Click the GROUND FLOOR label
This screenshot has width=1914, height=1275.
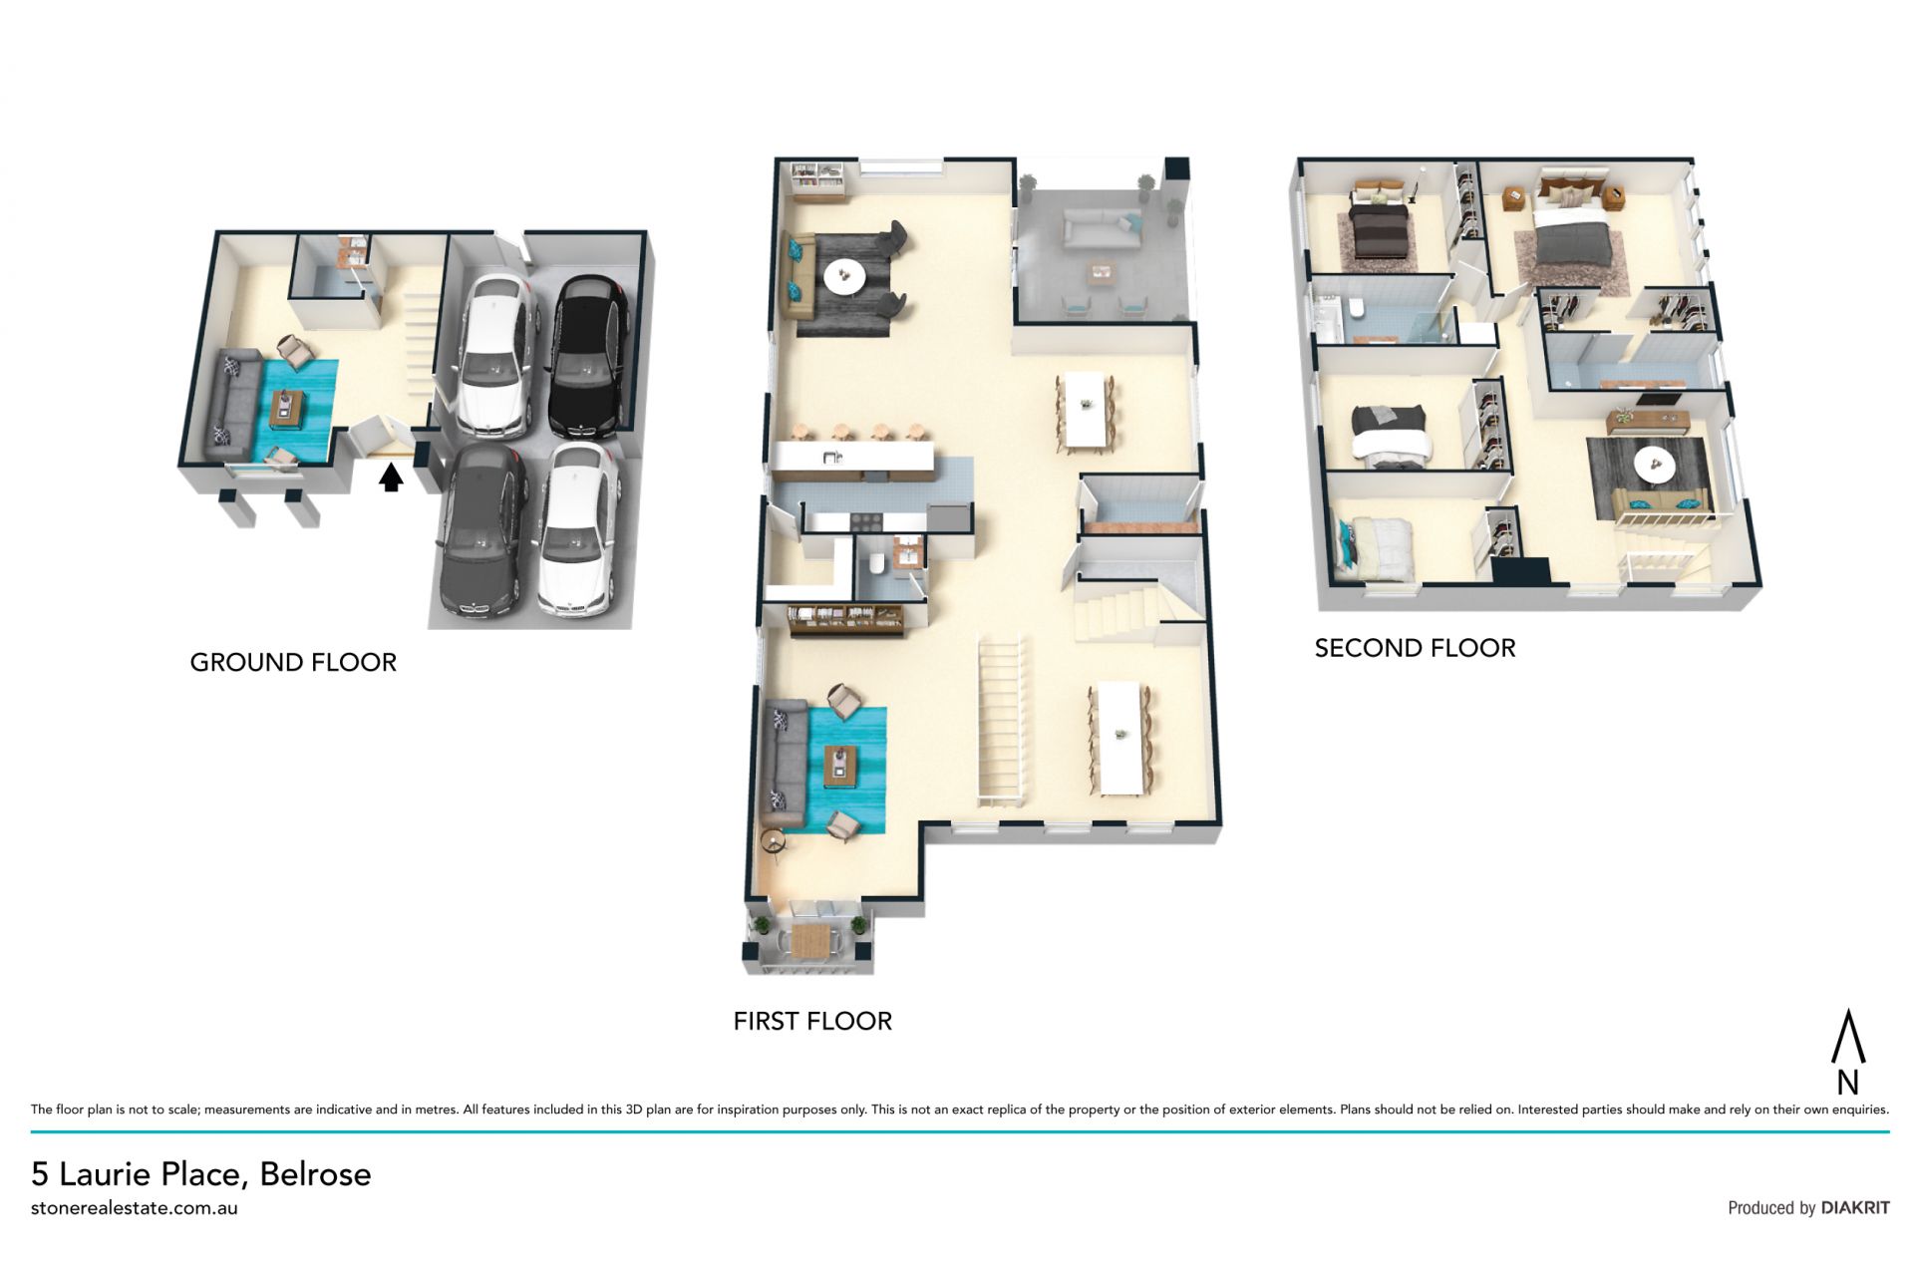click(x=293, y=663)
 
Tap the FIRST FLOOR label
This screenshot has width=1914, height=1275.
click(x=812, y=1022)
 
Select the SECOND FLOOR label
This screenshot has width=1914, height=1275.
click(x=1415, y=649)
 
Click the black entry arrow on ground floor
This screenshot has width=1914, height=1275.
click(x=392, y=478)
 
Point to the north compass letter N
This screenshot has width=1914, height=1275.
click(x=1847, y=1083)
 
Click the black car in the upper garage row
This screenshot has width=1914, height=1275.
click(x=589, y=356)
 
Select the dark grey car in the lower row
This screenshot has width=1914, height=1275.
click(x=481, y=531)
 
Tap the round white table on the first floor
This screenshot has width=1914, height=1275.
click(x=844, y=276)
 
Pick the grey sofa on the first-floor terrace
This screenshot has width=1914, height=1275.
click(x=1100, y=230)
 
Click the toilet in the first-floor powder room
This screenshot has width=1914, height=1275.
click(x=876, y=564)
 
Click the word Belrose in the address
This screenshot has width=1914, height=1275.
click(x=315, y=1174)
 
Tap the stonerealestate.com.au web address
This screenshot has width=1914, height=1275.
click(x=135, y=1208)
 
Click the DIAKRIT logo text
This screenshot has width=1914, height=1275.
click(x=1855, y=1208)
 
